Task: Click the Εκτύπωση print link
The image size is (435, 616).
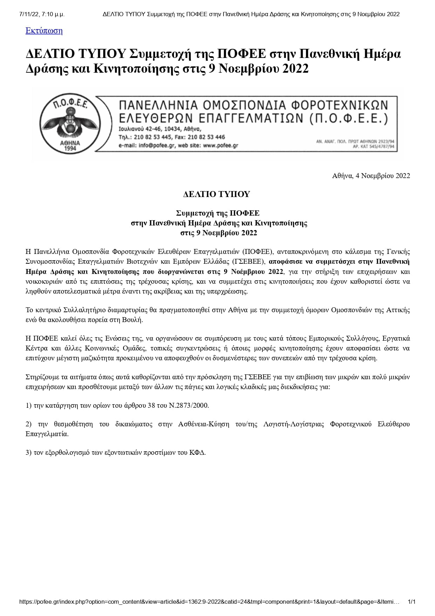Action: tap(44, 31)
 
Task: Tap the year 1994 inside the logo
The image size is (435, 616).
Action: tap(70, 149)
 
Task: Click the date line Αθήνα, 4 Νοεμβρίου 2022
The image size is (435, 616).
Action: tap(371, 176)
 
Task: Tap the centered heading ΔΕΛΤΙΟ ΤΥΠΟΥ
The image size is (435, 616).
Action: tap(217, 194)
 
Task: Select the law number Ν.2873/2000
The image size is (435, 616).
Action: tap(189, 405)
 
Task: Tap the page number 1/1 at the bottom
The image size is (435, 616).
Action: tap(412, 602)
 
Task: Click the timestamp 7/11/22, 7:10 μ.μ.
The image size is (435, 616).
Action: tap(42, 14)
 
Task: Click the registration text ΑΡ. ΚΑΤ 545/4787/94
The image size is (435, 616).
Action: tap(374, 146)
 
